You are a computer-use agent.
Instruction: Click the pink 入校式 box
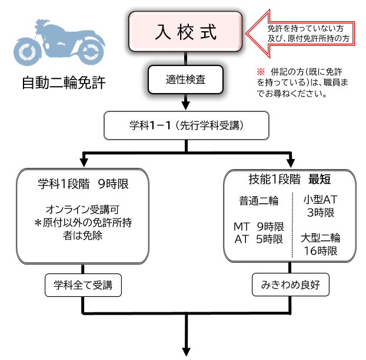(186, 33)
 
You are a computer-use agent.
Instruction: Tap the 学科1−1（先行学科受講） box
(186, 125)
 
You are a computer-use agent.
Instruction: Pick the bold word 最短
(320, 179)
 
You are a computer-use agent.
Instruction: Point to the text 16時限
(320, 250)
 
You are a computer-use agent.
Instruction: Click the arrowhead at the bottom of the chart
(187, 352)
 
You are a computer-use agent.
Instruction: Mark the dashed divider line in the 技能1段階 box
(293, 224)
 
